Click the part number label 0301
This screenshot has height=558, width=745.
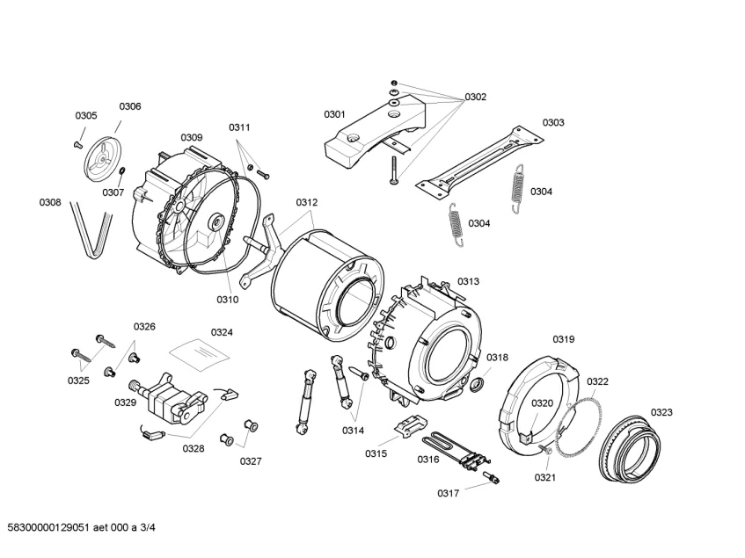tap(334, 114)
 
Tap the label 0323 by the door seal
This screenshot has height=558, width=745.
tap(661, 412)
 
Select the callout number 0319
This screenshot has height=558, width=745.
tap(563, 339)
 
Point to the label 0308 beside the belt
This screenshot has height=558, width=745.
tap(50, 203)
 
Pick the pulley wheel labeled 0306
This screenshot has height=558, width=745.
tap(103, 158)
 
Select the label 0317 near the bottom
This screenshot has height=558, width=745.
tap(449, 493)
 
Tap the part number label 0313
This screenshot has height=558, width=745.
tap(468, 281)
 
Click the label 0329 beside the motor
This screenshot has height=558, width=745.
tap(125, 402)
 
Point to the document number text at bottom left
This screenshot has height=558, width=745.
tap(81, 527)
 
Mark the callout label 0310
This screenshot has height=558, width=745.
tap(228, 300)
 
